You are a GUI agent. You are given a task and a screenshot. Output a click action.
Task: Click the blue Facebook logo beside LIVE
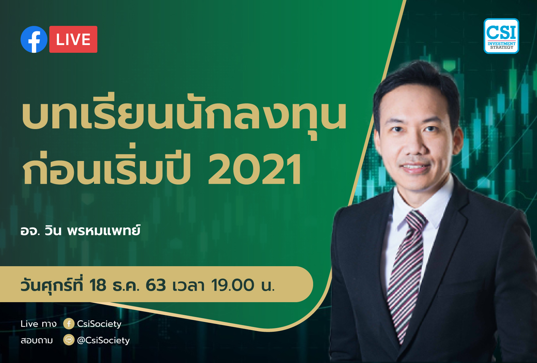(x=34, y=39)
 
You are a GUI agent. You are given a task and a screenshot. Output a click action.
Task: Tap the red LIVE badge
(x=74, y=39)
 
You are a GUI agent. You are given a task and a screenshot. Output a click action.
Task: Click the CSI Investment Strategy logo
(x=501, y=36)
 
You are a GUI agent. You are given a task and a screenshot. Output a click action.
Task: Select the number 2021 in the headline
(x=255, y=169)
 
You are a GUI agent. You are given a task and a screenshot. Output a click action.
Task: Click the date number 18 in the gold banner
(x=98, y=285)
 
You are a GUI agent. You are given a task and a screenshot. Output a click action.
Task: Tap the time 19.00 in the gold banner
(x=233, y=285)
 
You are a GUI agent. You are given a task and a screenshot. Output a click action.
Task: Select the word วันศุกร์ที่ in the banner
(x=52, y=284)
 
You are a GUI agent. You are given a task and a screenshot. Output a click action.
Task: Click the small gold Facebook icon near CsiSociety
(x=69, y=324)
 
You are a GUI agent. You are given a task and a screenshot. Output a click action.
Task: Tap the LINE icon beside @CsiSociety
(x=69, y=340)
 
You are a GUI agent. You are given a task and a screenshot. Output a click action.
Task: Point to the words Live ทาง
(x=39, y=324)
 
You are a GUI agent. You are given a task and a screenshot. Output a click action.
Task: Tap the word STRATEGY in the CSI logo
(x=501, y=47)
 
